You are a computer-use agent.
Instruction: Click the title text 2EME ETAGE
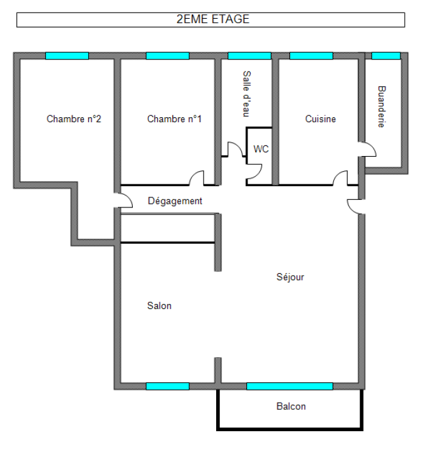coord(213,19)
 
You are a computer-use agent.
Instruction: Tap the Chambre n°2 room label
coord(74,119)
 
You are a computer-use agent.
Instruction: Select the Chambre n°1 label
coord(174,119)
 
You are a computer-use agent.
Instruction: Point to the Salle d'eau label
coord(247,94)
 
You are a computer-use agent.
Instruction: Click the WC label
coord(261,149)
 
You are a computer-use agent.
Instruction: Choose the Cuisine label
coord(320,119)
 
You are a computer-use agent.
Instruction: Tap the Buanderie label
coord(382,107)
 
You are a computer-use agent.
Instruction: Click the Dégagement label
coord(175,201)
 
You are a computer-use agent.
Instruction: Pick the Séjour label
coord(290,277)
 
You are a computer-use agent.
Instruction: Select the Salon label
coord(159,306)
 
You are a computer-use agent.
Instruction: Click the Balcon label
coord(291,406)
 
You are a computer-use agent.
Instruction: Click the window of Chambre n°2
coord(67,56)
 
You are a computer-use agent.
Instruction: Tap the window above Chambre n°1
coord(167,56)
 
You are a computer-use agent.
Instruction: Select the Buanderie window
coord(386,56)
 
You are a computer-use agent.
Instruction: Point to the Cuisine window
coord(311,56)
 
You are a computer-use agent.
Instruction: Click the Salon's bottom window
coord(167,386)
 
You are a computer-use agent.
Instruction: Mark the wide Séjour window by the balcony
coord(290,386)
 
